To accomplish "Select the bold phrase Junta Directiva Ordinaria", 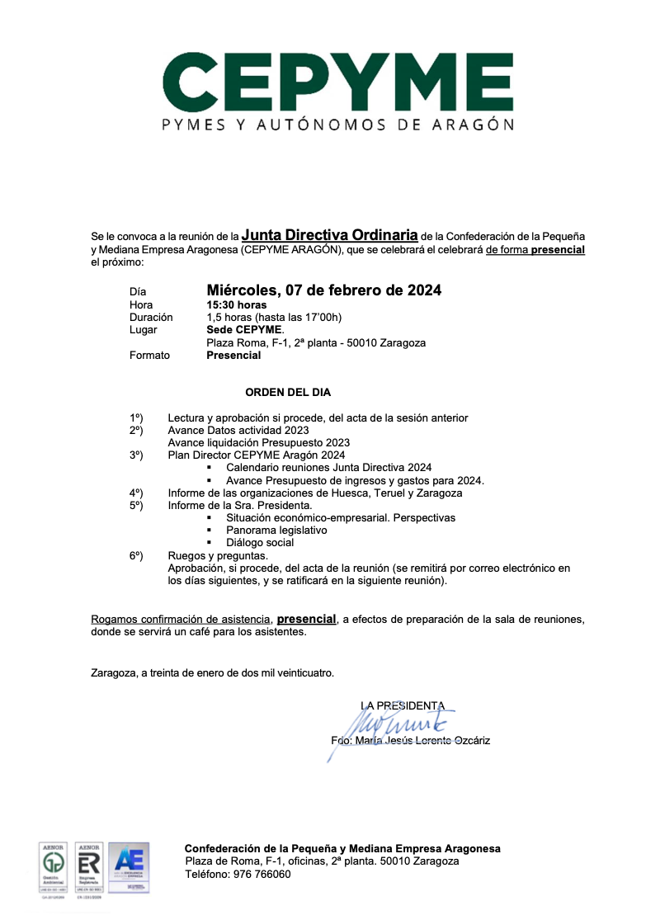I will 329,235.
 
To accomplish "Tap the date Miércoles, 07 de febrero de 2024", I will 323,290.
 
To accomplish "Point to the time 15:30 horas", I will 236,304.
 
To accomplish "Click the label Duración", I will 151,317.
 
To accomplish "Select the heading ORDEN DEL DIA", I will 288,392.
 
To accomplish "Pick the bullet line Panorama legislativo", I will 276,531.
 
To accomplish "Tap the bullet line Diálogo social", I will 260,543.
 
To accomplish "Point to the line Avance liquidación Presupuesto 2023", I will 258,443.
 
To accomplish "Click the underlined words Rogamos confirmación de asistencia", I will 181,620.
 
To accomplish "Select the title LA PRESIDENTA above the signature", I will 403,705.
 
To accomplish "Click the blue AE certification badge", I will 130,867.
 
